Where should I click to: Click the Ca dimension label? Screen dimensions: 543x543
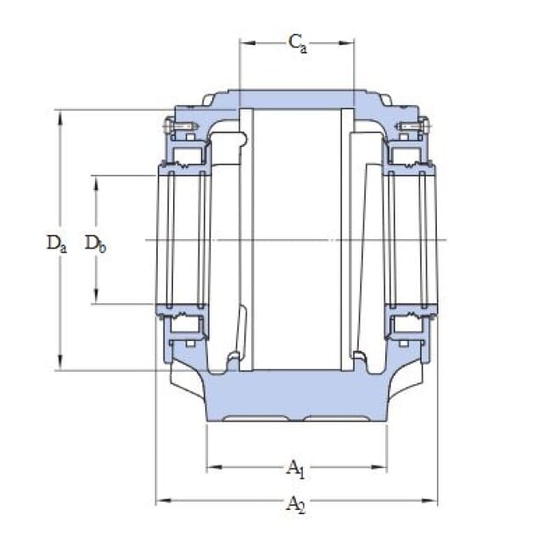(x=298, y=43)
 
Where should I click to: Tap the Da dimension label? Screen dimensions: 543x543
(x=57, y=244)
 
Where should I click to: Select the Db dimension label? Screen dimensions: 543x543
(x=96, y=244)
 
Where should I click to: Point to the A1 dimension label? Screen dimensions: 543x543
(x=295, y=468)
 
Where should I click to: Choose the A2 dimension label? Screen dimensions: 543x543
(x=296, y=504)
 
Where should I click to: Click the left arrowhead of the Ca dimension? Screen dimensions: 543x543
(x=247, y=43)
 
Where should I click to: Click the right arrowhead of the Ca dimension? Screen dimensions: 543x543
(x=346, y=43)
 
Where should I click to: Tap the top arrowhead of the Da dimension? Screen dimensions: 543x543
(x=60, y=118)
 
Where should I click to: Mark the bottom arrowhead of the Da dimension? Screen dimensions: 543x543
(x=60, y=362)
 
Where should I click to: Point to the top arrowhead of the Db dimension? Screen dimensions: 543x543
(x=96, y=183)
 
